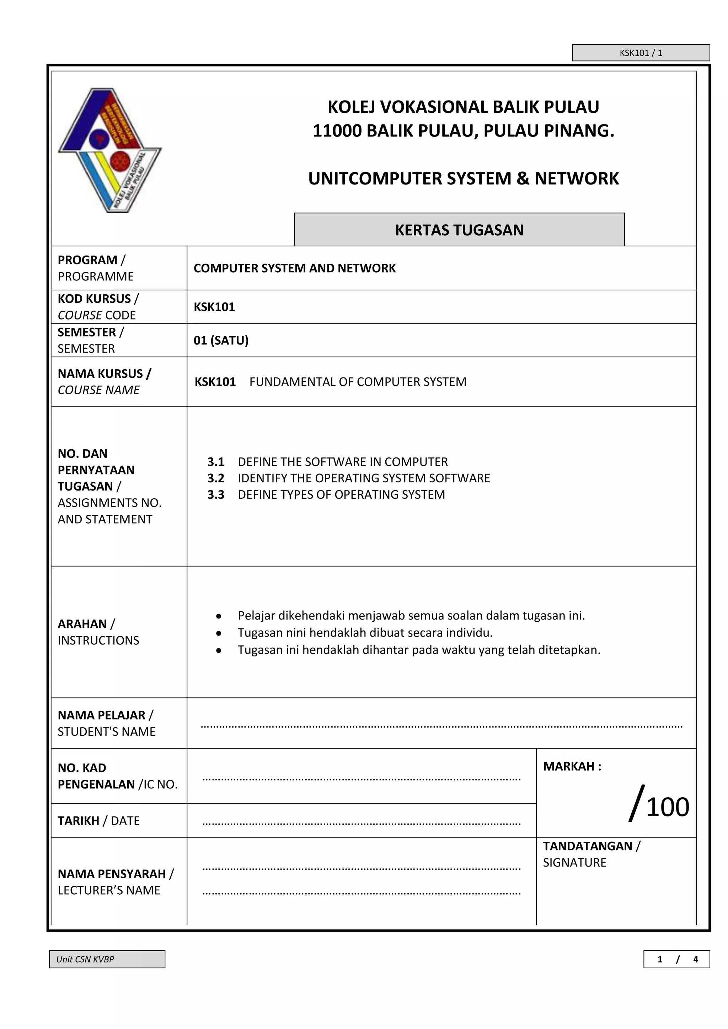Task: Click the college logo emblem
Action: point(110,150)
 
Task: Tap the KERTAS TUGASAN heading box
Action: point(459,230)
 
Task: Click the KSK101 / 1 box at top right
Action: point(641,53)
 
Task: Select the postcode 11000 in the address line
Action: point(337,131)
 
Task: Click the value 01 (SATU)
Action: point(221,340)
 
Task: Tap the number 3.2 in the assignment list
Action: point(216,478)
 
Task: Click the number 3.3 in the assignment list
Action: point(216,495)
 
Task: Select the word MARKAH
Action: point(568,766)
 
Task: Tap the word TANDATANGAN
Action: point(587,846)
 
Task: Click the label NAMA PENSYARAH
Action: point(112,874)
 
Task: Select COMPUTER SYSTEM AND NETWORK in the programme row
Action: point(295,268)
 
